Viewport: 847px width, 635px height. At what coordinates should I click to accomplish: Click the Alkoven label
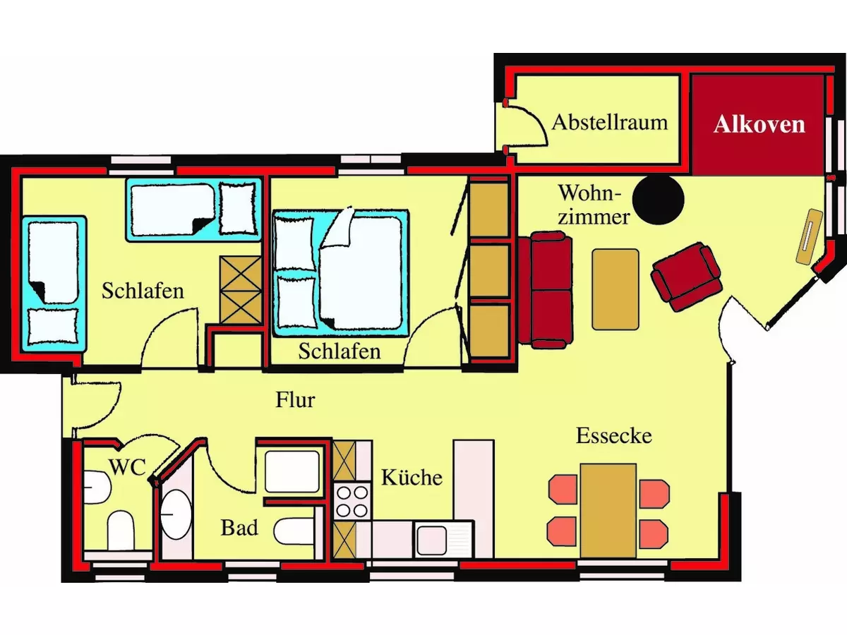coord(759,124)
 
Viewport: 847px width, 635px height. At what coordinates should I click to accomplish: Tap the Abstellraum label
coord(609,121)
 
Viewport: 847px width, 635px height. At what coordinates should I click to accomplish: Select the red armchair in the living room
coord(686,276)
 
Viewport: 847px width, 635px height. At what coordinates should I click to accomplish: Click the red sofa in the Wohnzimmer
coord(544,290)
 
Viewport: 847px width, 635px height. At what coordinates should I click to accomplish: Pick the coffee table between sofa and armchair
coord(615,289)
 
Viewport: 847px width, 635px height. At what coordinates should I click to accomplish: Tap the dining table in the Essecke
coord(608,509)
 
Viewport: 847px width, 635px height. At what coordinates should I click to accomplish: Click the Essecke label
coord(613,435)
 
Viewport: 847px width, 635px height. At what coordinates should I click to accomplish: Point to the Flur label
coord(295,400)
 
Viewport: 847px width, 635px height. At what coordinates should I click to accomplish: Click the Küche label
coord(412,477)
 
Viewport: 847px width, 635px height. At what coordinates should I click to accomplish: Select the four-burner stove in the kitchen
coord(352,501)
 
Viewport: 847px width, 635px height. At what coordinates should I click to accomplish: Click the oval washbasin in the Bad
coord(175,514)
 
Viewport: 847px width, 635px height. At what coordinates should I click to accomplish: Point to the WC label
coord(128,466)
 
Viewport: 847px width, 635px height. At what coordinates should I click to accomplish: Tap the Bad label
coord(239,527)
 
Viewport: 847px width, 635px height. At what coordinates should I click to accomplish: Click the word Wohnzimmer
coord(593,204)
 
